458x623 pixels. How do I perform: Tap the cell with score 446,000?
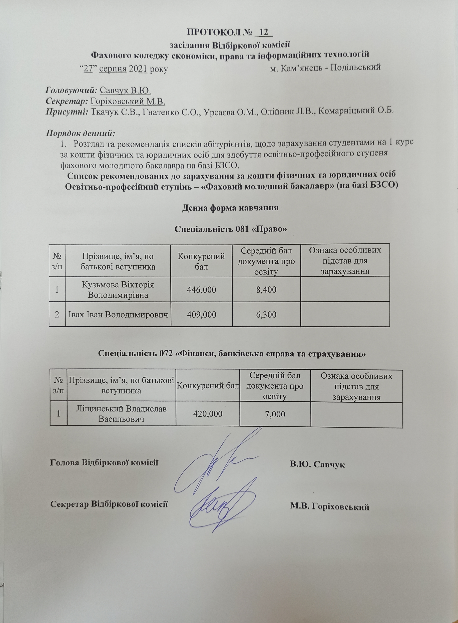point(201,290)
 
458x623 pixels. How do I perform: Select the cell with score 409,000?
point(201,314)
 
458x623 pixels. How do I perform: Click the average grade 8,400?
point(266,290)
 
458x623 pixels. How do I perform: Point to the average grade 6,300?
point(266,314)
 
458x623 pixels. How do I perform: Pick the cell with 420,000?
point(208,414)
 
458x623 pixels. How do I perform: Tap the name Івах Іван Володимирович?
point(118,314)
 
